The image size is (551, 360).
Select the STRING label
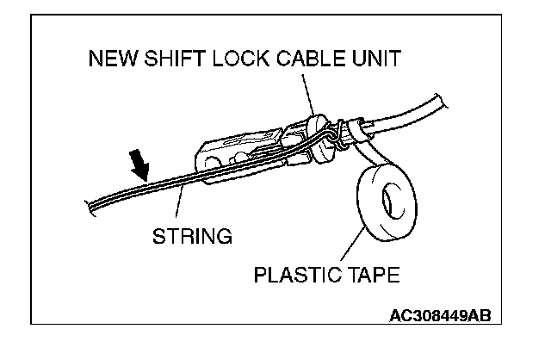pos(191,235)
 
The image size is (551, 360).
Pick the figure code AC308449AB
pos(439,314)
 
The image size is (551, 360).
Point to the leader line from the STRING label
pos(180,207)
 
